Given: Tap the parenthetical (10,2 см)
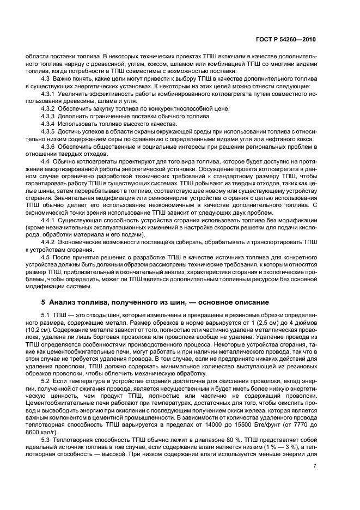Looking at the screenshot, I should [x=46, y=330].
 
